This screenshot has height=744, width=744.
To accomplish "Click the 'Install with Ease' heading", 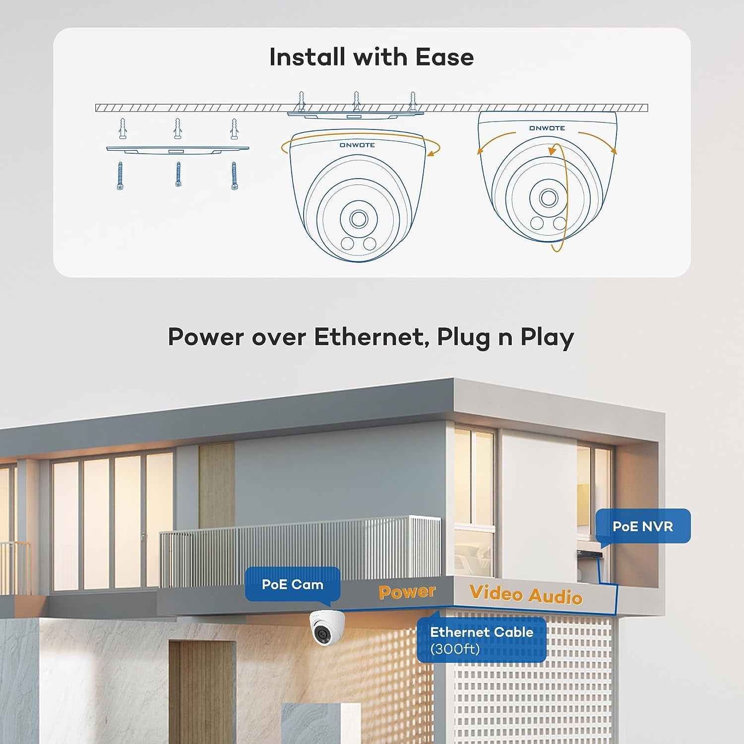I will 372,57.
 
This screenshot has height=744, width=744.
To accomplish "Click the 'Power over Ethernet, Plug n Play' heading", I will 371,337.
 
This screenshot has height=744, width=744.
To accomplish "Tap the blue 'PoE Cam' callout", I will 292,584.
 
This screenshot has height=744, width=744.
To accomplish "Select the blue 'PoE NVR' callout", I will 642,526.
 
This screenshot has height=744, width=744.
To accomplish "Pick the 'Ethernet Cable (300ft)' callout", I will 481,639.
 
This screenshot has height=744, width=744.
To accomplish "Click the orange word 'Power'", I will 407,591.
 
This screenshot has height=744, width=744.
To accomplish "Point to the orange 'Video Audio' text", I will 526,594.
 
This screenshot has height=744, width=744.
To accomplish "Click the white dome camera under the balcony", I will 326,627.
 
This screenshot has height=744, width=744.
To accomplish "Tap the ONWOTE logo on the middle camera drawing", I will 357,145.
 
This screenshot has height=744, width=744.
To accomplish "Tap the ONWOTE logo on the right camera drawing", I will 547,128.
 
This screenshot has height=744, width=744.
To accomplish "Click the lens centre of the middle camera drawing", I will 358,219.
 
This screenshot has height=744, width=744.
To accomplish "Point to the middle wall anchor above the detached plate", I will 178,129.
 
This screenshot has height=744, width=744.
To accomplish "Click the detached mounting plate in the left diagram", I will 178,149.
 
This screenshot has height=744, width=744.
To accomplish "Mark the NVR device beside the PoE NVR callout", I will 589,554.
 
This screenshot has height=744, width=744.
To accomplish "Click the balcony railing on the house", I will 298,551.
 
